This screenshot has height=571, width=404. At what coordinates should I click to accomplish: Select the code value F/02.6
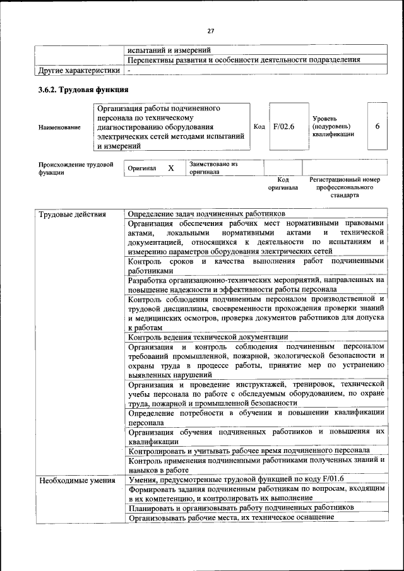pyautogui.click(x=284, y=126)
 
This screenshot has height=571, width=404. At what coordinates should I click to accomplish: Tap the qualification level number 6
pyautogui.click(x=377, y=126)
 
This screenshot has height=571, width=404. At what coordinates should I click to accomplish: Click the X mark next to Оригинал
pyautogui.click(x=170, y=168)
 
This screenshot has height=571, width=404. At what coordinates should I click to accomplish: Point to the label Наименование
pyautogui.click(x=59, y=127)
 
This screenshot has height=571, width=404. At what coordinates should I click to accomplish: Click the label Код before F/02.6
pyautogui.click(x=259, y=127)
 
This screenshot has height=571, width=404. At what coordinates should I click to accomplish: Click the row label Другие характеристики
pyautogui.click(x=78, y=71)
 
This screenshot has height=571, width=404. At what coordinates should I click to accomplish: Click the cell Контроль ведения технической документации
pyautogui.click(x=208, y=337)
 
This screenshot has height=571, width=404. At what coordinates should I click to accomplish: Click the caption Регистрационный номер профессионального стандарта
pyautogui.click(x=345, y=187)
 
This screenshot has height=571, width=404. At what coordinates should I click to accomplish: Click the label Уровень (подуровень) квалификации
pyautogui.click(x=333, y=130)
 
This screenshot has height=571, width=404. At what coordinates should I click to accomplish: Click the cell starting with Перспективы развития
pyautogui.click(x=244, y=60)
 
